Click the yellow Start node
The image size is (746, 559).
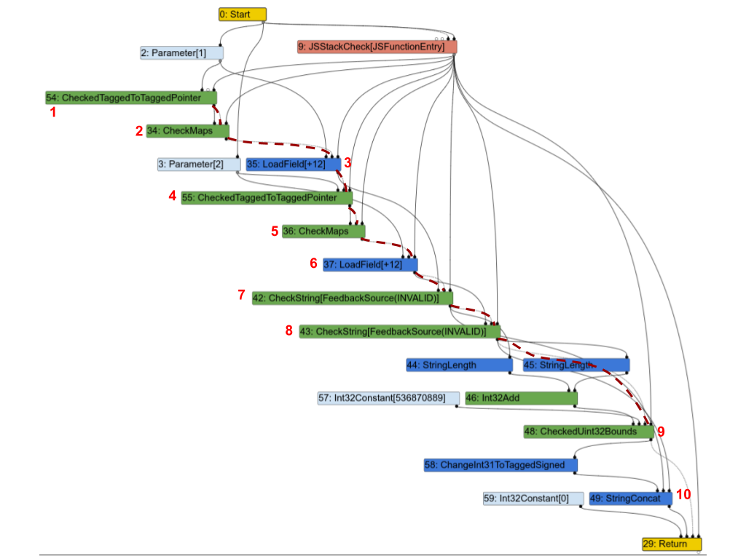tap(243, 15)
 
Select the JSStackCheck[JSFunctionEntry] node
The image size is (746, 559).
tap(377, 47)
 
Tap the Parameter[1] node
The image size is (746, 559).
tap(181, 53)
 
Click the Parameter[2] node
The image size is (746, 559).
tap(199, 164)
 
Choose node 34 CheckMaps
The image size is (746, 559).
tap(187, 131)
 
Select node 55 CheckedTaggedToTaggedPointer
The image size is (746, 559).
tap(267, 197)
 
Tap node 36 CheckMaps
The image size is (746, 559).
tap(323, 231)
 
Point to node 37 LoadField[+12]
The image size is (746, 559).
tap(370, 264)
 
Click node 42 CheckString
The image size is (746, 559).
tap(353, 298)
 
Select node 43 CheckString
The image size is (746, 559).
tap(399, 332)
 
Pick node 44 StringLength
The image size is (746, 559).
tap(459, 365)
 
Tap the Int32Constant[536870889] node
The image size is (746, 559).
tap(388, 398)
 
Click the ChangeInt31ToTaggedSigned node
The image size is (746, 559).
tap(500, 464)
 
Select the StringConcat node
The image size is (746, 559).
tap(630, 499)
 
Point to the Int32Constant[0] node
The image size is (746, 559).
tap(533, 499)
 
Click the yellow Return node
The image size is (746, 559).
tap(671, 544)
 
